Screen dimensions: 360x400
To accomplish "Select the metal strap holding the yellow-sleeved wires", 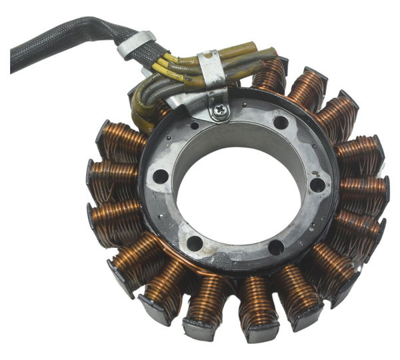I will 211,67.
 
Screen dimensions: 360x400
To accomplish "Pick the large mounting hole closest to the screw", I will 281,123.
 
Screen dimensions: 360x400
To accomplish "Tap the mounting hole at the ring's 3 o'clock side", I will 318,185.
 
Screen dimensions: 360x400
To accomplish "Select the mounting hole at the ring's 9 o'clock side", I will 161,177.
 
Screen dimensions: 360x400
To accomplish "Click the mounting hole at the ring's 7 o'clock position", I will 195,243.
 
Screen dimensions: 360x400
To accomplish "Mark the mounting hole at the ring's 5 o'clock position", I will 276,247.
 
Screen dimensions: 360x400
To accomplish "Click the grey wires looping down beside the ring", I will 143,107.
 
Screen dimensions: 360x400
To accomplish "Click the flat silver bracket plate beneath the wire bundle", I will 190,100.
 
